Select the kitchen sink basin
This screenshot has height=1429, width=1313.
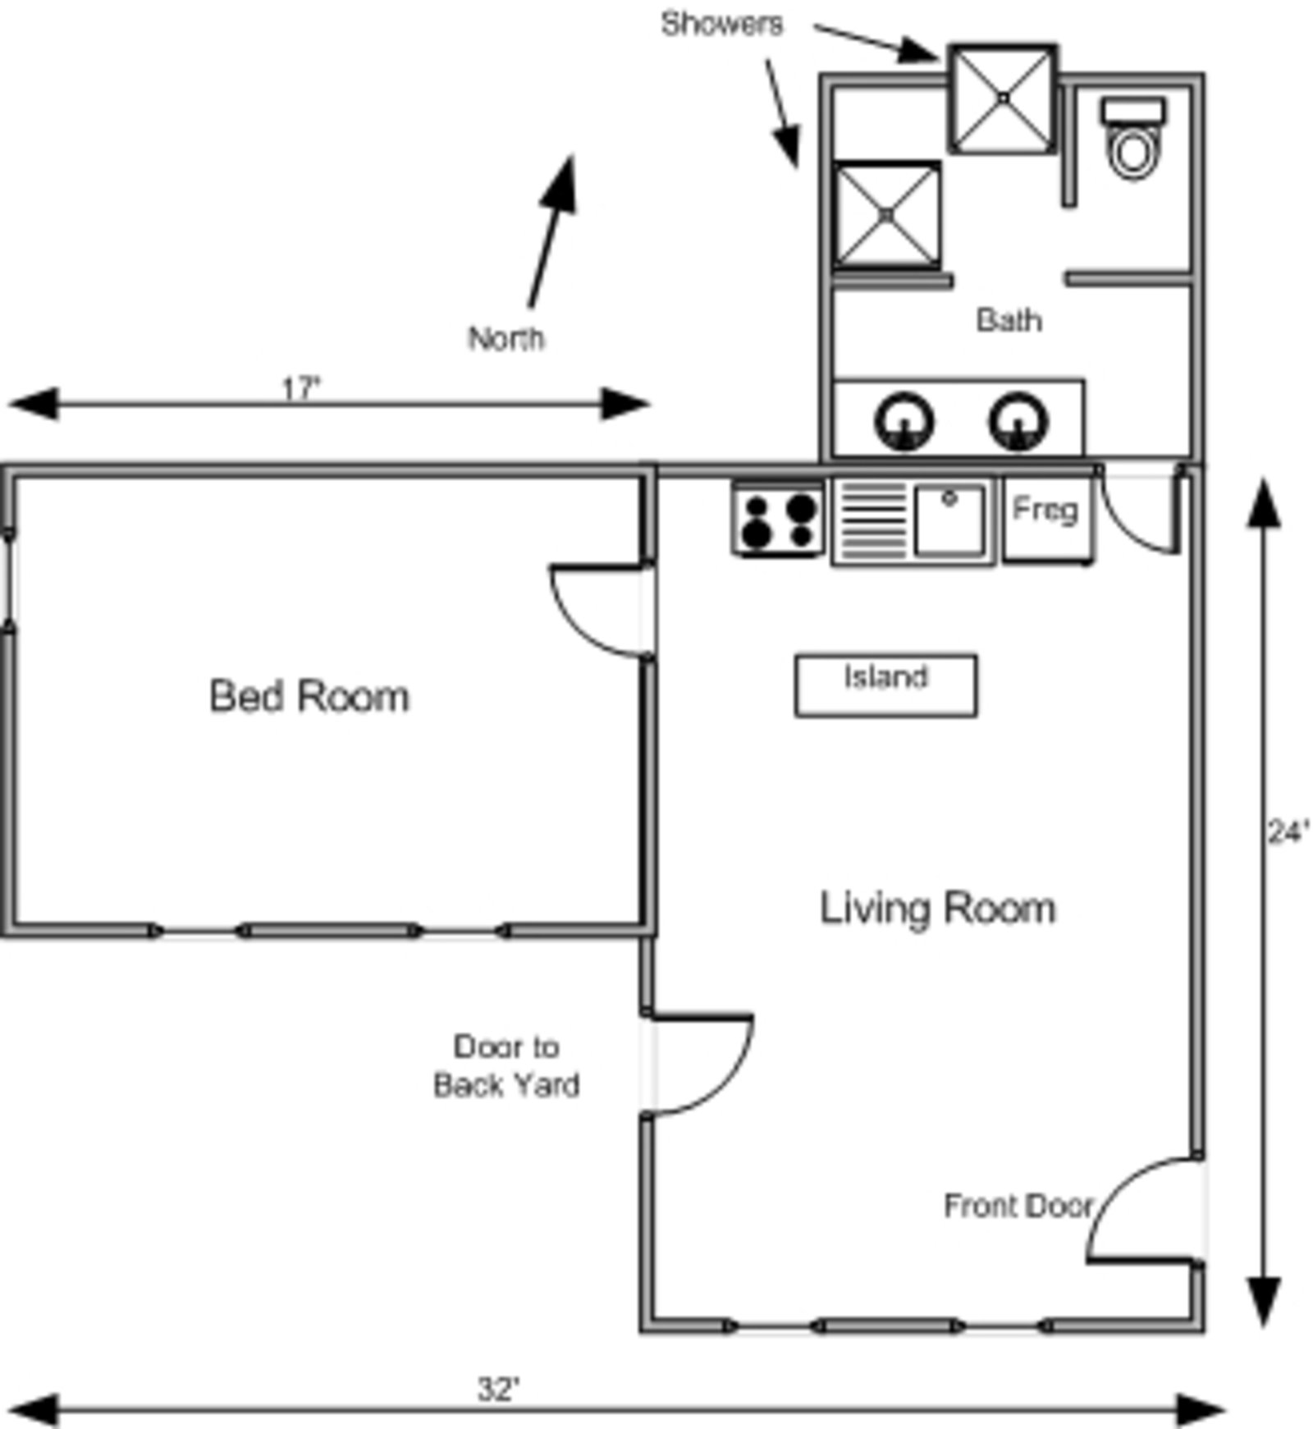[949, 520]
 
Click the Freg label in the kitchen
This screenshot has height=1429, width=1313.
[1045, 510]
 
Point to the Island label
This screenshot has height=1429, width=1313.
[886, 677]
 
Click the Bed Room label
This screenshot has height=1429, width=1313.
[309, 696]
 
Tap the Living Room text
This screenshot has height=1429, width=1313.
[938, 908]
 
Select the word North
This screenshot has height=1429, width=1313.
[506, 338]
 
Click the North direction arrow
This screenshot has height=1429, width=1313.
[551, 231]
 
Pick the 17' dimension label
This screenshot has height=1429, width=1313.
[300, 387]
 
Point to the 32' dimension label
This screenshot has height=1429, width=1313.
[499, 1390]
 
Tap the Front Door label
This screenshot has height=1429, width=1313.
[1018, 1206]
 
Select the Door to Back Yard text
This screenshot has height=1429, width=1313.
[506, 1065]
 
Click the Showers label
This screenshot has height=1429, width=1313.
[722, 24]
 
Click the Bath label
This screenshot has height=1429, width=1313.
[1009, 319]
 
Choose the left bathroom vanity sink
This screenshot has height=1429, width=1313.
[904, 422]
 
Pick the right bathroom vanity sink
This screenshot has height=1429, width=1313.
[1018, 422]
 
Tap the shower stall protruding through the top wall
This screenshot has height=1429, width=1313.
[1004, 98]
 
